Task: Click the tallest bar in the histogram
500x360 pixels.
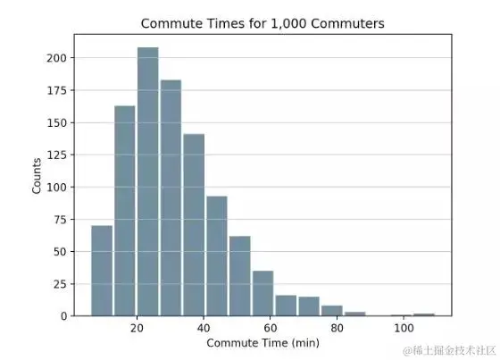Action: pyautogui.click(x=148, y=181)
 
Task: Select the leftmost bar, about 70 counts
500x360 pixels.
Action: pyautogui.click(x=102, y=271)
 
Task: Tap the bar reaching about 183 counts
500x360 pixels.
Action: pyautogui.click(x=171, y=198)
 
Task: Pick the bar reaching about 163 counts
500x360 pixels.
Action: pyautogui.click(x=125, y=211)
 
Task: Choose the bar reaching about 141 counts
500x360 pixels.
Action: pyautogui.click(x=194, y=225)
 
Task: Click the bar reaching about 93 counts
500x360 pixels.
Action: pyautogui.click(x=217, y=256)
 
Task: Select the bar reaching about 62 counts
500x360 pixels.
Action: pyautogui.click(x=240, y=276)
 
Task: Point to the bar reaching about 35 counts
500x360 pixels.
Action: pyautogui.click(x=263, y=293)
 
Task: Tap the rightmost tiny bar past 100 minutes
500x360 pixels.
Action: pyautogui.click(x=424, y=314)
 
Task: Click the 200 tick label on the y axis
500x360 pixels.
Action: pyautogui.click(x=56, y=58)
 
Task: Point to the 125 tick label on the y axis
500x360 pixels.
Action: pyautogui.click(x=56, y=155)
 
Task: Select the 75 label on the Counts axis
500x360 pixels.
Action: pyautogui.click(x=60, y=220)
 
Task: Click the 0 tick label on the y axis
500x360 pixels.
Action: pyautogui.click(x=63, y=316)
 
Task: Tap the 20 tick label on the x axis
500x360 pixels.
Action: pyautogui.click(x=137, y=328)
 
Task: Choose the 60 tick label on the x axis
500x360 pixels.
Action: pyautogui.click(x=270, y=328)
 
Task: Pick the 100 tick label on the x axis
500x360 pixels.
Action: pyautogui.click(x=404, y=328)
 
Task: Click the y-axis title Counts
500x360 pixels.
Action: pyautogui.click(x=37, y=175)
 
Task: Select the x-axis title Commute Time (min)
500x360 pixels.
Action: pyautogui.click(x=262, y=343)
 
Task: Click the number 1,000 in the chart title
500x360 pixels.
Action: pyautogui.click(x=289, y=23)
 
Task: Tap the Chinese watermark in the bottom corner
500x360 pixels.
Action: pyautogui.click(x=449, y=350)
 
